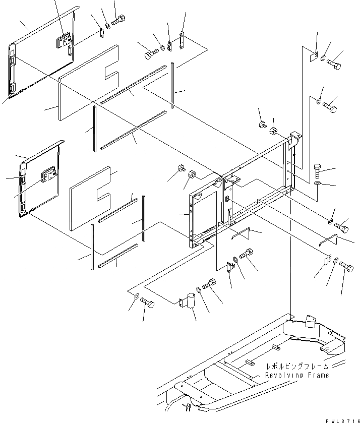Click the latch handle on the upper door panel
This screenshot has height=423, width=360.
coord(64,40)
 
